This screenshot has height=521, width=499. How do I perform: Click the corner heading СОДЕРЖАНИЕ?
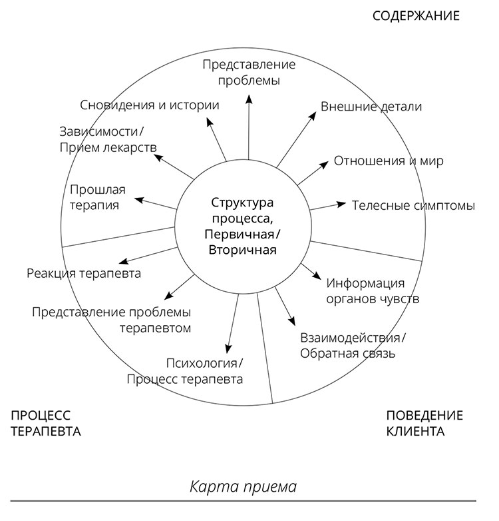click(x=416, y=15)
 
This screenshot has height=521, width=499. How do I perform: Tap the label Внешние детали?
click(x=371, y=107)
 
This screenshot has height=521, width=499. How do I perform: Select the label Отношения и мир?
click(x=389, y=161)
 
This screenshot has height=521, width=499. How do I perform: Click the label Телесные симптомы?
click(x=413, y=205)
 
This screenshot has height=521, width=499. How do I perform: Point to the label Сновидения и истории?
click(x=150, y=105)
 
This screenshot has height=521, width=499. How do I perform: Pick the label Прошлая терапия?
click(x=97, y=197)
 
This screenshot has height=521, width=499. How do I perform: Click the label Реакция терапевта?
click(x=84, y=273)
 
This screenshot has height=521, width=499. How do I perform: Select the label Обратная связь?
click(x=347, y=353)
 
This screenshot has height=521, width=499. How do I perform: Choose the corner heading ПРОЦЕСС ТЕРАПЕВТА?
click(x=46, y=422)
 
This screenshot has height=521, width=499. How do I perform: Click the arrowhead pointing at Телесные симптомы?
click(x=342, y=203)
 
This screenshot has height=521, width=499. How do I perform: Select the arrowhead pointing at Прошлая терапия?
click(x=138, y=199)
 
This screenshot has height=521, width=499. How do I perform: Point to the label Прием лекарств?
click(x=108, y=146)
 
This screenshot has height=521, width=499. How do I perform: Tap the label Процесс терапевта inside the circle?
click(x=184, y=379)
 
